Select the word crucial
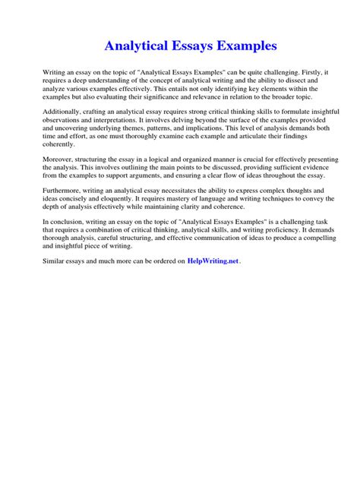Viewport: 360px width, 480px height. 218,163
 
